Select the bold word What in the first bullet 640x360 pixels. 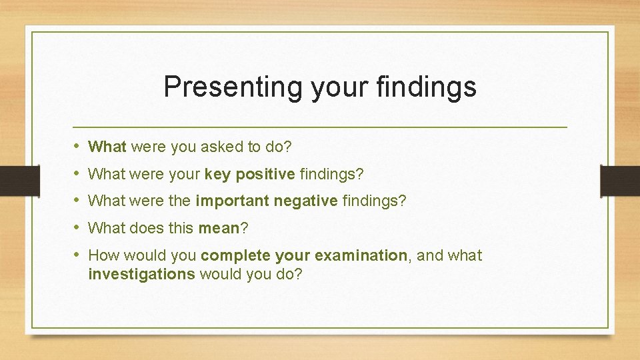pyautogui.click(x=107, y=147)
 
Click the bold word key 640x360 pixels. pyautogui.click(x=218, y=174)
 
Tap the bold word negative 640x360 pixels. pyautogui.click(x=307, y=201)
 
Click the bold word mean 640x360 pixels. pyautogui.click(x=219, y=228)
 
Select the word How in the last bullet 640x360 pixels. pyautogui.click(x=102, y=255)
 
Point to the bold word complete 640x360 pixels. pyautogui.click(x=232, y=255)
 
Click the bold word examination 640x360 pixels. pyautogui.click(x=361, y=255)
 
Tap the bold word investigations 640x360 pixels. pyautogui.click(x=141, y=273)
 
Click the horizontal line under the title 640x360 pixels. pyautogui.click(x=320, y=127)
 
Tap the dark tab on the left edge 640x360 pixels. pyautogui.click(x=11, y=180)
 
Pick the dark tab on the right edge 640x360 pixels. pyautogui.click(x=619, y=180)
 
